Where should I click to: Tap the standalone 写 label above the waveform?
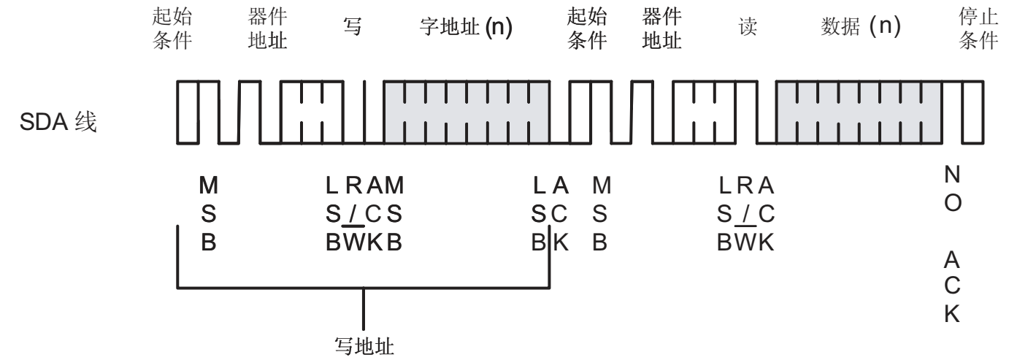353,31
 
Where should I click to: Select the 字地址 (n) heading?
467,31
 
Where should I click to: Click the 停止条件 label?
978,30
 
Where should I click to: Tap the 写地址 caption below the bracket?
363,344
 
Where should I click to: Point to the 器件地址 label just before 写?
264,30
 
